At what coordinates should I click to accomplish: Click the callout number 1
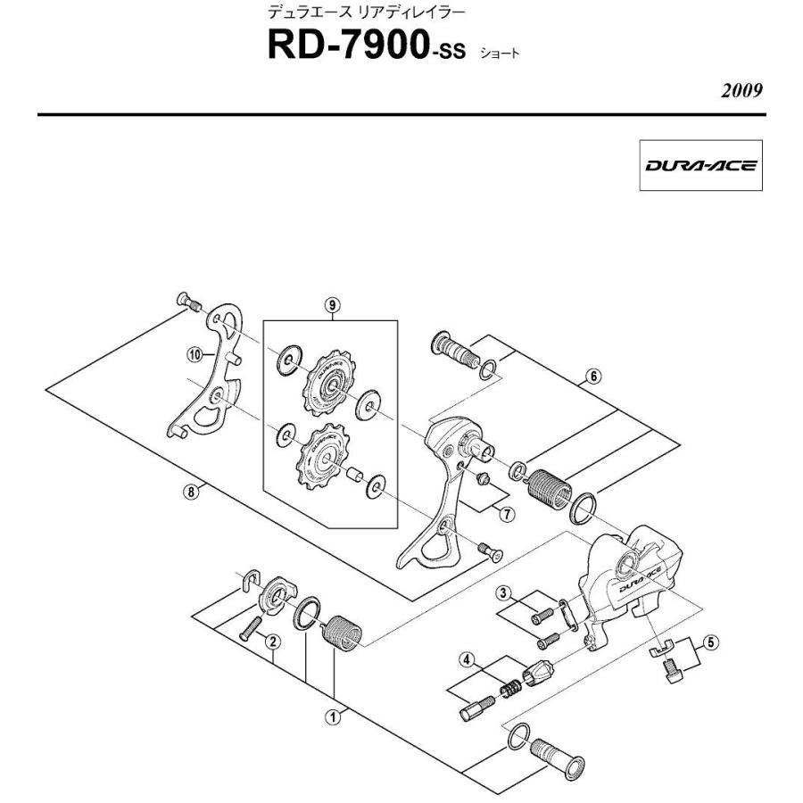pos(333,715)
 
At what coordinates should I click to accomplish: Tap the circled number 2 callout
pos(275,640)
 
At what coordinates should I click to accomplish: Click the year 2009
pos(743,93)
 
